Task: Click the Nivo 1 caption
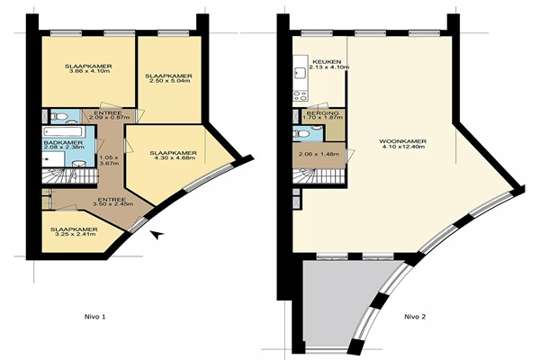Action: point(94,317)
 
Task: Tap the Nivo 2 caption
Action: point(415,317)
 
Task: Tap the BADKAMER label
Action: point(63,142)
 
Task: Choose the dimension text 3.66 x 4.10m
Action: point(88,71)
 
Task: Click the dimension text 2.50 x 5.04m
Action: point(168,81)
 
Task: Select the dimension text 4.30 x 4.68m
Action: point(173,158)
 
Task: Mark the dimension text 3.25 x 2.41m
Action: point(74,235)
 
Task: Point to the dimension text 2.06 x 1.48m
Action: point(319,154)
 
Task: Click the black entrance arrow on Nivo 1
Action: point(157,235)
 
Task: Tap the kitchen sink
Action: point(298,73)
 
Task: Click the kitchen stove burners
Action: point(300,95)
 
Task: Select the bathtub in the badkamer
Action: point(63,131)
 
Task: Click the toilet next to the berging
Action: point(301,133)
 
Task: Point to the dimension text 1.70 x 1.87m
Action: point(323,118)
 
